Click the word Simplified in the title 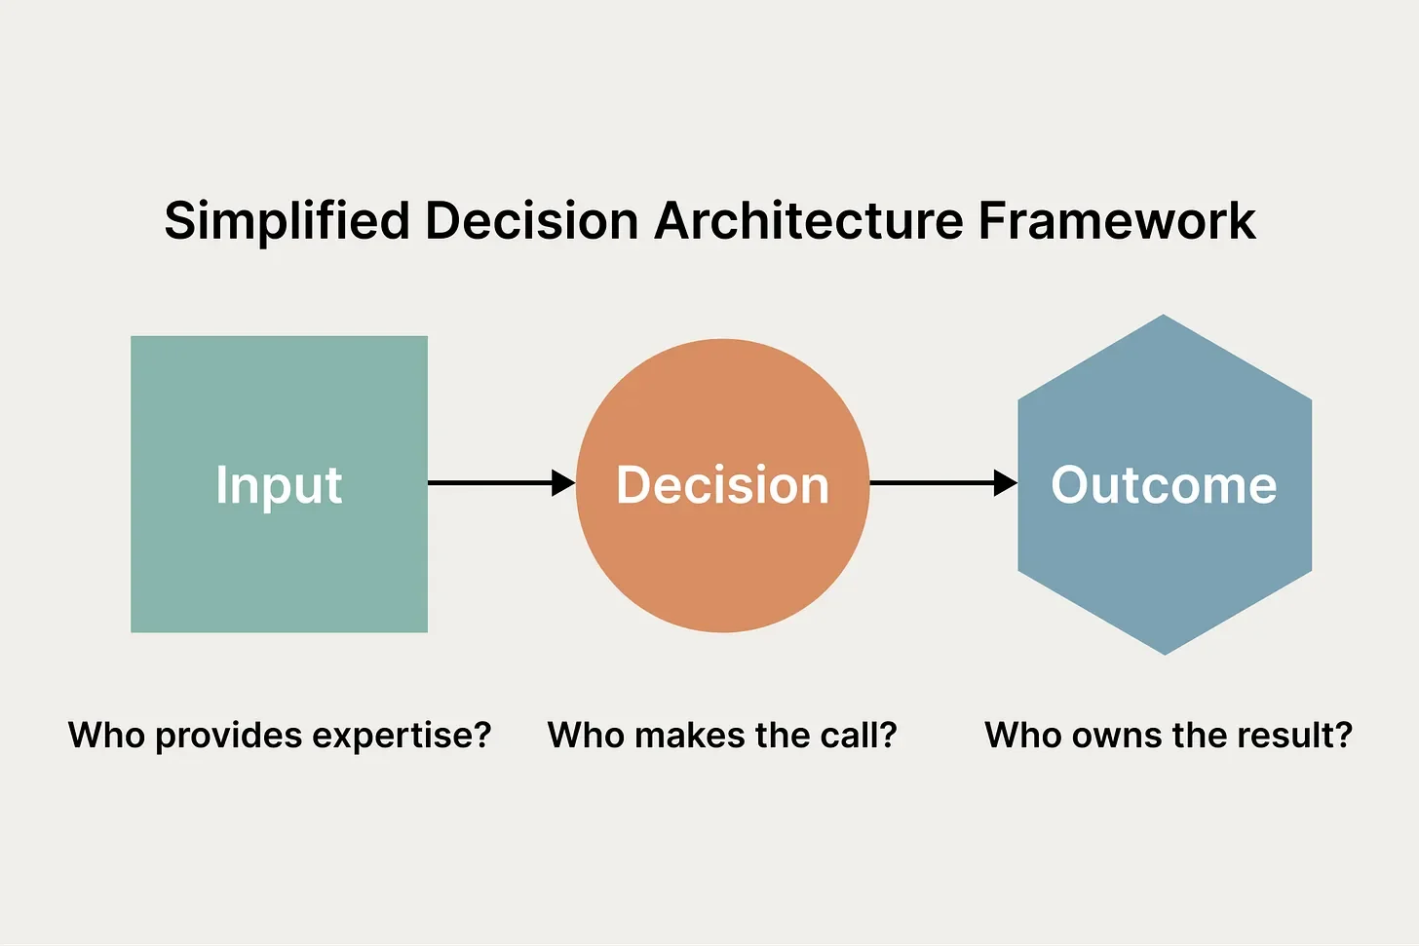pyautogui.click(x=287, y=221)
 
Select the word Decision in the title pyautogui.click(x=533, y=221)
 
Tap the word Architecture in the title pyautogui.click(x=809, y=221)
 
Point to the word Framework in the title pyautogui.click(x=1117, y=221)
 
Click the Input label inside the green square pyautogui.click(x=279, y=485)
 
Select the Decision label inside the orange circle pyautogui.click(x=722, y=485)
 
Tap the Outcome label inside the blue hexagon pyautogui.click(x=1164, y=485)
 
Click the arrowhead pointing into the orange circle pyautogui.click(x=563, y=482)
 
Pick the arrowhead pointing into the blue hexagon pyautogui.click(x=1005, y=482)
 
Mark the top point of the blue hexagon pyautogui.click(x=1164, y=317)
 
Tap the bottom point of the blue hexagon pyautogui.click(x=1165, y=653)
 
